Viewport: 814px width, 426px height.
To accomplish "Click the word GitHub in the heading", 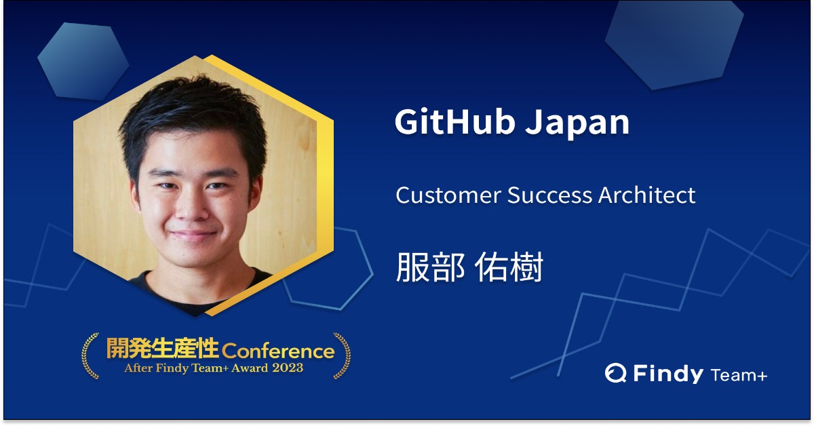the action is click(455, 122).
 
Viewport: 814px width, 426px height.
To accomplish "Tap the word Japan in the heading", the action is click(577, 125).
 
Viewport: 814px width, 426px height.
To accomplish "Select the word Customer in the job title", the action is click(449, 195).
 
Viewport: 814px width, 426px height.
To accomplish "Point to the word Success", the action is click(550, 195).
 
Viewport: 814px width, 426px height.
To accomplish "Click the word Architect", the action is click(647, 195).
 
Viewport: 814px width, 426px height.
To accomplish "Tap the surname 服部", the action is click(430, 267).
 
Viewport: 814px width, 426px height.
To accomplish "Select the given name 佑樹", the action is click(509, 267).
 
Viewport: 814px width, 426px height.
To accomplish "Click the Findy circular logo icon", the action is click(616, 373).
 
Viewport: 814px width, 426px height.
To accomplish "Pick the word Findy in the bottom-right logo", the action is click(668, 374).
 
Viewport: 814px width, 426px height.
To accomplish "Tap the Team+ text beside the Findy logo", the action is click(739, 375).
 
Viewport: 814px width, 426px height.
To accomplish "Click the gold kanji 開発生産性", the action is click(162, 348).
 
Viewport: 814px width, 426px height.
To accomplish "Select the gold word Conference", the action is click(278, 351).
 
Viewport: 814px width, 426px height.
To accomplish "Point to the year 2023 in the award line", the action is click(288, 368).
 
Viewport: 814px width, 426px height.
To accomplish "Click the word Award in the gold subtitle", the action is click(250, 368).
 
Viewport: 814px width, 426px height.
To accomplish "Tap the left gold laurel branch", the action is click(90, 356).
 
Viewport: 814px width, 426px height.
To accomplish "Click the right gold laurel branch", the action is click(342, 356).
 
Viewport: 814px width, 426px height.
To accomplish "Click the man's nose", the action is click(192, 207).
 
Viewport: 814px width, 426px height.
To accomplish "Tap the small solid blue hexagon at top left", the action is click(83, 61).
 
